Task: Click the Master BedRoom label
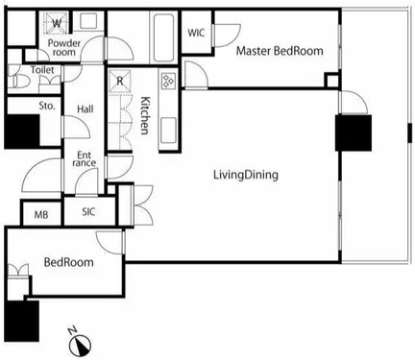coord(280,51)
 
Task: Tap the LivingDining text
coord(246,175)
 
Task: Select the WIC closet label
coord(196,33)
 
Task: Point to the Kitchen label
coord(145,115)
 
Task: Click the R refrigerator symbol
coord(120,81)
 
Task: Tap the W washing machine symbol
coord(57,23)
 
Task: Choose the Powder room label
coord(64,47)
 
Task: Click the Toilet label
coord(42,70)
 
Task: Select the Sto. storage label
coord(47,106)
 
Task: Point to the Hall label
coord(85,109)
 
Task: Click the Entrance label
coord(84,159)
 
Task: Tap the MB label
coord(41,215)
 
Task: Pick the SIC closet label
coord(88,212)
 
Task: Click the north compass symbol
coord(80,346)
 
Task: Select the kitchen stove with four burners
coord(168,81)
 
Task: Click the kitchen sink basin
coord(168,131)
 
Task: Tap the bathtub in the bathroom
coord(163,37)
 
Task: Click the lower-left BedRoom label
coord(69,262)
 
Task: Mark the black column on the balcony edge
coord(409,132)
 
